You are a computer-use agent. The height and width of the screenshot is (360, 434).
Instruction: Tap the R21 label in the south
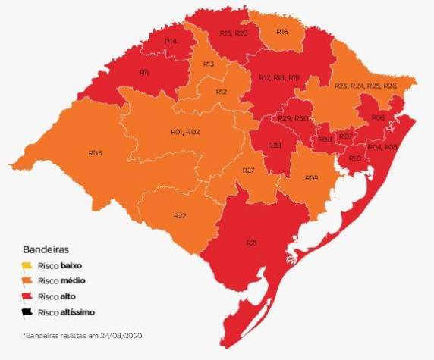click(x=251, y=243)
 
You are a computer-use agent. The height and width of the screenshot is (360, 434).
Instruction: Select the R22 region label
click(x=180, y=216)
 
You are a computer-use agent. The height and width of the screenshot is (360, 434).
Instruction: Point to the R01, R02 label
click(x=184, y=132)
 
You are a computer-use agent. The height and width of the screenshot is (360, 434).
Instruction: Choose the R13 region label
click(x=209, y=65)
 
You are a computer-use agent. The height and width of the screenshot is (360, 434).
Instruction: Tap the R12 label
click(x=222, y=92)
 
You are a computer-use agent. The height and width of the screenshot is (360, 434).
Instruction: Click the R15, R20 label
click(x=233, y=33)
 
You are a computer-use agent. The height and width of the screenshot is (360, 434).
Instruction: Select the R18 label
click(x=282, y=32)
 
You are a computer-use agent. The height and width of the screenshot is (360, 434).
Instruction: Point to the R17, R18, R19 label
click(x=279, y=78)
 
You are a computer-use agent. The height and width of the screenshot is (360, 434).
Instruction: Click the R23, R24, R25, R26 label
click(x=365, y=86)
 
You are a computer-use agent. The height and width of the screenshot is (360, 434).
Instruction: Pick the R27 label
click(x=247, y=171)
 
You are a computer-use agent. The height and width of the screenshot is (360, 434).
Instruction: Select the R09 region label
click(x=311, y=177)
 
